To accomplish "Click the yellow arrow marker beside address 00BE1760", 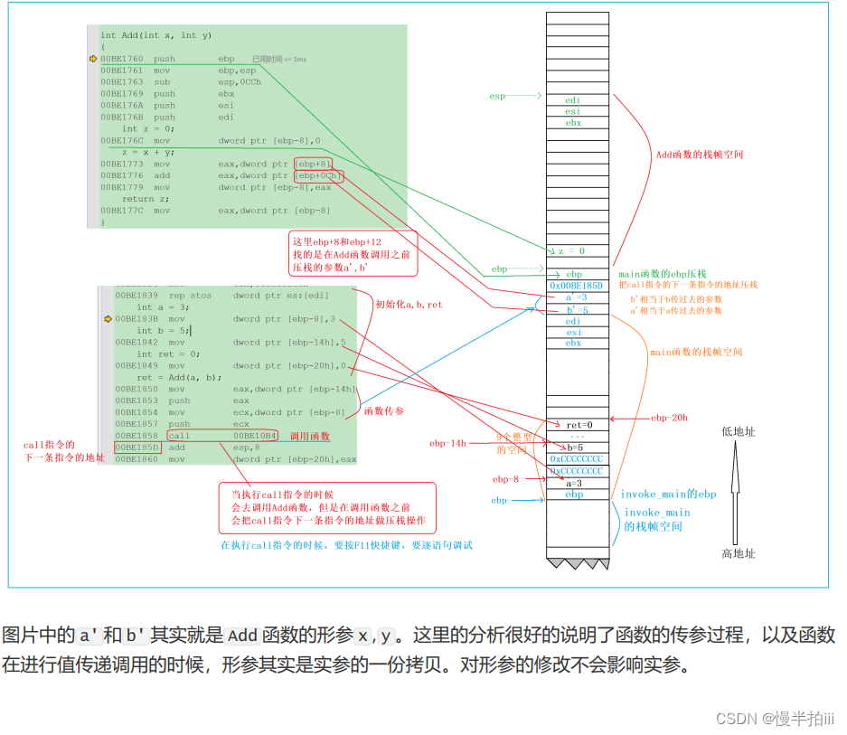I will point(93,59).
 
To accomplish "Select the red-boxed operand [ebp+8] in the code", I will point(307,164).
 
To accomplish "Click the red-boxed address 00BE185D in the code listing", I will point(136,448).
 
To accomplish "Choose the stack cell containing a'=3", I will point(576,297).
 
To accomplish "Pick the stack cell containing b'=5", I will point(576,309).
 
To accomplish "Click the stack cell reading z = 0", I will point(571,250).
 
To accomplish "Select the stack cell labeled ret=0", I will point(579,425).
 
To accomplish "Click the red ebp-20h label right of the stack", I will point(669,419).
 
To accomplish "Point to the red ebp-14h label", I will point(447,443).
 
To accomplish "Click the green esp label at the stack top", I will point(498,96).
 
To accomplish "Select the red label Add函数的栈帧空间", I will point(700,155).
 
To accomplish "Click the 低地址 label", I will point(738,432).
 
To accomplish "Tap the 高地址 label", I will point(738,554).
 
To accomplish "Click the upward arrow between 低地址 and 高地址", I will point(736,493).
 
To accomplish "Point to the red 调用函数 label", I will point(310,437).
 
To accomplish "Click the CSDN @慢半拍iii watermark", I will point(775,718).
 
